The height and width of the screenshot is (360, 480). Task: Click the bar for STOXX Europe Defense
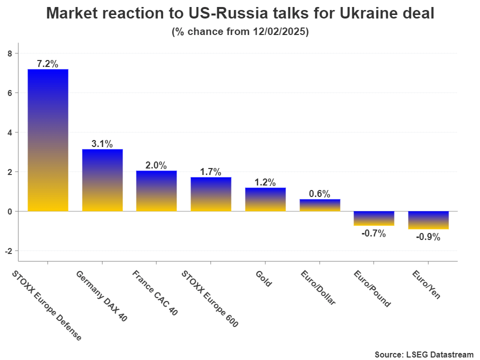point(48,140)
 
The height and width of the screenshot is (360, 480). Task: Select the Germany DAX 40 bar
point(102,180)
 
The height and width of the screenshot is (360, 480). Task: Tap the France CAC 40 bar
point(156,191)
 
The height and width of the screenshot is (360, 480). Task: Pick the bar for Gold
point(265,199)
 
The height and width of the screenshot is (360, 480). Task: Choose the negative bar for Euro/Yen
point(428,220)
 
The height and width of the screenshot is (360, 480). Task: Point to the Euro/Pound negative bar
point(373,218)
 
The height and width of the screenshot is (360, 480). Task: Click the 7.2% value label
point(48,64)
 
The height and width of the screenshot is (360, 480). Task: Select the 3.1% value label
point(102,144)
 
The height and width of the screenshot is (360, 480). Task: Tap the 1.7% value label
point(210,172)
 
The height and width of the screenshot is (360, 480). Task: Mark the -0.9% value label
point(428,237)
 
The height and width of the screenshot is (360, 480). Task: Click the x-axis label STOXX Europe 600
point(209,299)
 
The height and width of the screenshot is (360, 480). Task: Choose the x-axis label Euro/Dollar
point(318,287)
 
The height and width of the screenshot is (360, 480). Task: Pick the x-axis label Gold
point(263,278)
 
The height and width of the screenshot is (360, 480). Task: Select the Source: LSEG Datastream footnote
point(423,354)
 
